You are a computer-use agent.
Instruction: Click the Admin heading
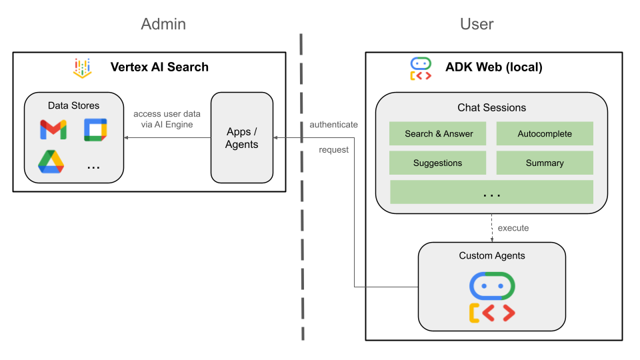pyautogui.click(x=163, y=25)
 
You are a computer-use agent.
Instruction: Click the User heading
pyautogui.click(x=477, y=25)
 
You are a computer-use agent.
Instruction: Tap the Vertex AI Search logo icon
pyautogui.click(x=83, y=68)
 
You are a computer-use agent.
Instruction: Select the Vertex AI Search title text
pyautogui.click(x=159, y=67)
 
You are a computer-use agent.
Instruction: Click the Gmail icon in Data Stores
pyautogui.click(x=53, y=129)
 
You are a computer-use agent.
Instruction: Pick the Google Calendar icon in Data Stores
pyautogui.click(x=95, y=129)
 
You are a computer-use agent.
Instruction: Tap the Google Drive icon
pyautogui.click(x=51, y=162)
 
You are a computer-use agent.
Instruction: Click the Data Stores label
pyautogui.click(x=73, y=105)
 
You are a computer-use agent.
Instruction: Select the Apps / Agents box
pyautogui.click(x=241, y=138)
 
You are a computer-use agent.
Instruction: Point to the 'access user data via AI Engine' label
pyautogui.click(x=163, y=119)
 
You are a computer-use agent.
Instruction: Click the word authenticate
pyautogui.click(x=333, y=125)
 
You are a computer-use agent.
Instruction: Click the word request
pyautogui.click(x=333, y=150)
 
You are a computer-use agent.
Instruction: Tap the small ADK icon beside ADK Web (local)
pyautogui.click(x=421, y=69)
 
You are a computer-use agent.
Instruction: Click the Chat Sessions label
pyautogui.click(x=491, y=107)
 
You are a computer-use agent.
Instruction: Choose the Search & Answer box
pyautogui.click(x=438, y=134)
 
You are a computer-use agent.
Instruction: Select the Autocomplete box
pyautogui.click(x=545, y=134)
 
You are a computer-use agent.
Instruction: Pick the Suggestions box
pyautogui.click(x=438, y=163)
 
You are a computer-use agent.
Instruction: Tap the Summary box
pyautogui.click(x=545, y=163)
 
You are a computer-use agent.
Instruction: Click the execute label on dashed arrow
pyautogui.click(x=513, y=228)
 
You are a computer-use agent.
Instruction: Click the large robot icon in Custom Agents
pyautogui.click(x=492, y=297)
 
